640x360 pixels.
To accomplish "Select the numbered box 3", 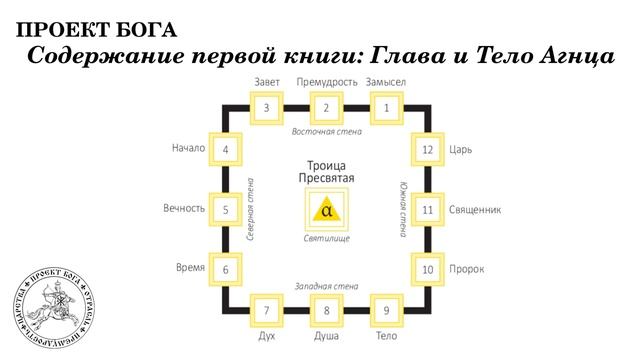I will coord(266,107).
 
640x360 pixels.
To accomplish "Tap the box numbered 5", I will coord(226,210).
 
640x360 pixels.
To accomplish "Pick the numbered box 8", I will coord(326,310).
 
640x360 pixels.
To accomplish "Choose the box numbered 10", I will coord(427,269).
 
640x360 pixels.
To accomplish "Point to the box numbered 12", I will coord(427,150).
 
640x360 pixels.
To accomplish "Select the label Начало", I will coord(188,149).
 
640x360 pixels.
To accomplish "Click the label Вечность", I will coord(184,209).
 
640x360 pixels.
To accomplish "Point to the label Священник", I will coord(475,210).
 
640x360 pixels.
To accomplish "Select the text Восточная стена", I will coord(325,132).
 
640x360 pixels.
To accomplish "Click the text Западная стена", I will coord(326,287).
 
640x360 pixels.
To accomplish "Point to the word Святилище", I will coord(326,238).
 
